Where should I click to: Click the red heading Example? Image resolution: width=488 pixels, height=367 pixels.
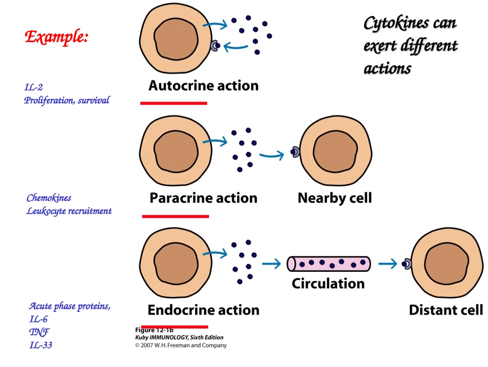[57, 37]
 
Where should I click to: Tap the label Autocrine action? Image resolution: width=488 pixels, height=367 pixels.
[203, 85]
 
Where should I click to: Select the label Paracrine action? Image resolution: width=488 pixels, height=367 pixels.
[203, 198]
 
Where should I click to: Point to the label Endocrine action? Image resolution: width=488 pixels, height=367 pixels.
[203, 310]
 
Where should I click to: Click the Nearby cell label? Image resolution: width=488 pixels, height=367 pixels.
[334, 198]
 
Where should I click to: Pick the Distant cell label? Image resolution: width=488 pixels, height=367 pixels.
[445, 310]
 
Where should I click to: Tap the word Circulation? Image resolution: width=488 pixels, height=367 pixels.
[328, 283]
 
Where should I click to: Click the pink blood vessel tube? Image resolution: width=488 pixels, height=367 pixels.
[329, 264]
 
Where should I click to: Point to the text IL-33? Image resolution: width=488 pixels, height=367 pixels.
[41, 345]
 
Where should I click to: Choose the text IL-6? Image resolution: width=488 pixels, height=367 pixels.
[39, 319]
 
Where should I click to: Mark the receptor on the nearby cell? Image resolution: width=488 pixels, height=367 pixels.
[295, 151]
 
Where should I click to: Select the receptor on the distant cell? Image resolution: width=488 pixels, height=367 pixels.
[406, 264]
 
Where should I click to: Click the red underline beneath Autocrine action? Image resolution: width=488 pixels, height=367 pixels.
[174, 103]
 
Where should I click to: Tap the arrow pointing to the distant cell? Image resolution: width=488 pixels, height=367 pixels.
[388, 264]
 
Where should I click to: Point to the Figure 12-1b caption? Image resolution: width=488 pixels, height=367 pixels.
[154, 330]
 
